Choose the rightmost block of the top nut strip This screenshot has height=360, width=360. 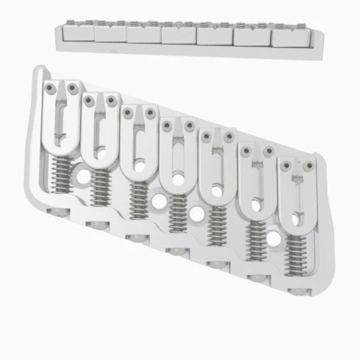(289, 37)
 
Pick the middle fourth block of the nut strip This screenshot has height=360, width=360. (179, 33)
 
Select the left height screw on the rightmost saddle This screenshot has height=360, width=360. (287, 166)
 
